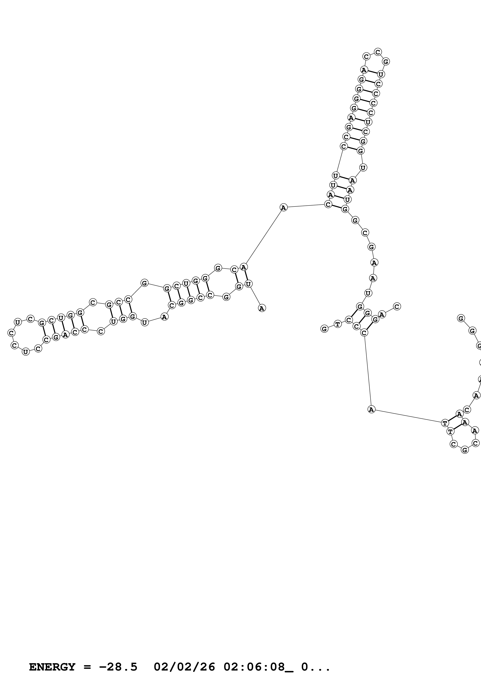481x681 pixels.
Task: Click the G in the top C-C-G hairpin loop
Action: [386, 61]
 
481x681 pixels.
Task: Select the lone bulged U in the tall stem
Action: [363, 168]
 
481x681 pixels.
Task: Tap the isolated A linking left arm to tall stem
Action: [284, 207]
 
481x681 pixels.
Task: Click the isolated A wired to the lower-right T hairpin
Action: [371, 410]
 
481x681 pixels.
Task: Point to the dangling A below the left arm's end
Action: [262, 308]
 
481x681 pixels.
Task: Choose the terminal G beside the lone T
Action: [325, 329]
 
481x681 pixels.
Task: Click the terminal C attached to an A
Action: [397, 306]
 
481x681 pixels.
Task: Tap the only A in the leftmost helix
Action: [66, 334]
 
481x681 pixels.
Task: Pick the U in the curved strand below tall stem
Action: [368, 293]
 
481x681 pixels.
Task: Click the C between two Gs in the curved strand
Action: [365, 233]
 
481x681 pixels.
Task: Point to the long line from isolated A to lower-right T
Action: [408, 416]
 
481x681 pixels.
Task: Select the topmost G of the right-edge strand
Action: [461, 318]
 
